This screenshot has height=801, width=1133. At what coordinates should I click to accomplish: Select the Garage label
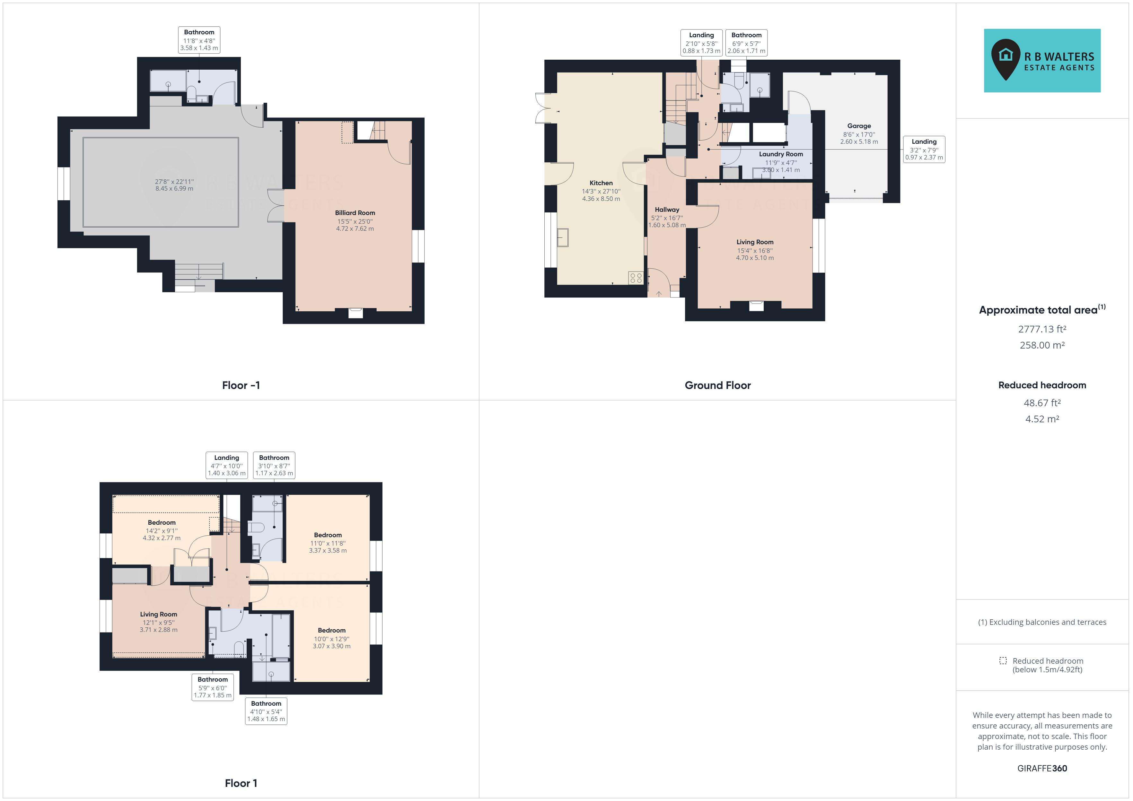pyautogui.click(x=859, y=126)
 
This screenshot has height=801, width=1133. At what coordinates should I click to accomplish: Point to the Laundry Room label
pyautogui.click(x=781, y=154)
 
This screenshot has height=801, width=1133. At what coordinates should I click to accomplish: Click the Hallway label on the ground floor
pyautogui.click(x=667, y=210)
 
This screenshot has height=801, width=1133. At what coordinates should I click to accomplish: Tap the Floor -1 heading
pyautogui.click(x=241, y=385)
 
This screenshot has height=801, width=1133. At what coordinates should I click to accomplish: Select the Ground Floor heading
pyautogui.click(x=717, y=385)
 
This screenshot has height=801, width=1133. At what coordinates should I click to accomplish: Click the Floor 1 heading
pyautogui.click(x=241, y=783)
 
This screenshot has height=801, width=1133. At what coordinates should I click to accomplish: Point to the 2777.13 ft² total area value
pyautogui.click(x=1042, y=329)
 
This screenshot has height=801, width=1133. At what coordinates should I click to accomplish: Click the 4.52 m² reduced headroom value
pyautogui.click(x=1042, y=419)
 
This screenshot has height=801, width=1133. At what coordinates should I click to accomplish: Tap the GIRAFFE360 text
pyautogui.click(x=1042, y=768)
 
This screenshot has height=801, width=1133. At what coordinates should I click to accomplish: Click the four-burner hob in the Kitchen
pyautogui.click(x=636, y=278)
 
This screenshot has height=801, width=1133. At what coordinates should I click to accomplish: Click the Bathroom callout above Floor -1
pyautogui.click(x=199, y=40)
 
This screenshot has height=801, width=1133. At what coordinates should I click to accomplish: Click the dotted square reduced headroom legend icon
pyautogui.click(x=1003, y=660)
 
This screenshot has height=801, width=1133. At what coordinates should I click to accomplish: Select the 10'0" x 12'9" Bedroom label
pyautogui.click(x=332, y=630)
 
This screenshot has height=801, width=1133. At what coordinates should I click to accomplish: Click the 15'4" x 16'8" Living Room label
pyautogui.click(x=754, y=242)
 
